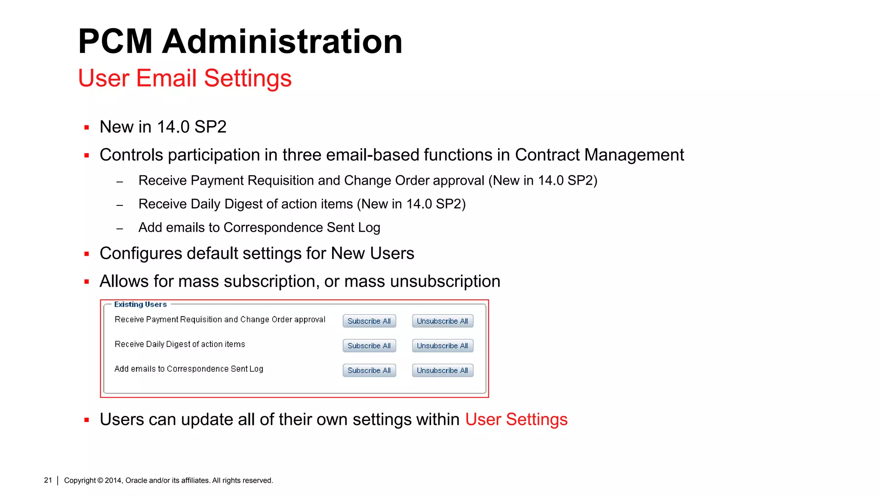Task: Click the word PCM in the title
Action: point(115,41)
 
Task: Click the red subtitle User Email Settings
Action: point(185,78)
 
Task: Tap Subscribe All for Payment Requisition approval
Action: point(369,321)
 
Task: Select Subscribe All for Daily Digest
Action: point(369,346)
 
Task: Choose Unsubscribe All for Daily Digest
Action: point(442,346)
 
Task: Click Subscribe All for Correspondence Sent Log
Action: point(369,370)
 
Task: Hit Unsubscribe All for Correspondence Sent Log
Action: point(442,370)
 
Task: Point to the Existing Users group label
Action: point(140,304)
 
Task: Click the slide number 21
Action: point(48,480)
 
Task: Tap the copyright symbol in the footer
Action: point(100,480)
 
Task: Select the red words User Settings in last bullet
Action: point(516,419)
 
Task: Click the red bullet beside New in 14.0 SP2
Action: point(87,127)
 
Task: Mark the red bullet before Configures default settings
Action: point(87,254)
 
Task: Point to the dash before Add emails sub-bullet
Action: point(120,229)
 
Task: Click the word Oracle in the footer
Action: point(136,480)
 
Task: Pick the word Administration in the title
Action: point(282,41)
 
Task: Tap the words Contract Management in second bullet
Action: point(599,155)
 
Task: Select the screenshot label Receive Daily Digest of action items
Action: point(180,344)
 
